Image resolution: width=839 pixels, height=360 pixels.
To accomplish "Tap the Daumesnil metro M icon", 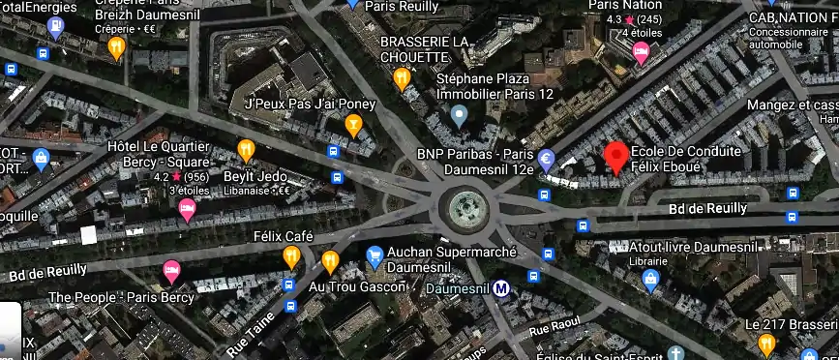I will pyautogui.click(x=501, y=287).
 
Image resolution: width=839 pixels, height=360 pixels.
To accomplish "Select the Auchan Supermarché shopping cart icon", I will pyautogui.click(x=375, y=256).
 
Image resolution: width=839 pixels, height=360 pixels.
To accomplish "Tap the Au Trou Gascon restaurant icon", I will pyautogui.click(x=330, y=261).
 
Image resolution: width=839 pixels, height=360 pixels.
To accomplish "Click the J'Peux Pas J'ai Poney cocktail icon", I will pyautogui.click(x=353, y=124).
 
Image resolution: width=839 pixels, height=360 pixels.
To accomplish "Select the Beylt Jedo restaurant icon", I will pyautogui.click(x=246, y=150).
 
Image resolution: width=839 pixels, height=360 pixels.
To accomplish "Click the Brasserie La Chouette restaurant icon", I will pyautogui.click(x=402, y=79).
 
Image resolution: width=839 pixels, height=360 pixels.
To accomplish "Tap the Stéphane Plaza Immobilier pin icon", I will pyautogui.click(x=460, y=117).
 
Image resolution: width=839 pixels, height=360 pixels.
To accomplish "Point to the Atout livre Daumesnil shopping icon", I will pyautogui.click(x=651, y=281).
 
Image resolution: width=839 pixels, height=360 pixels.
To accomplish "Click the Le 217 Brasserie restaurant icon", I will pyautogui.click(x=766, y=343).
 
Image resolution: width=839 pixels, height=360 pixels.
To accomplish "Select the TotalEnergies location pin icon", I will pyautogui.click(x=55, y=27).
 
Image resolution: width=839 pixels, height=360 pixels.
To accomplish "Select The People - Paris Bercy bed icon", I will pyautogui.click(x=171, y=271).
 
